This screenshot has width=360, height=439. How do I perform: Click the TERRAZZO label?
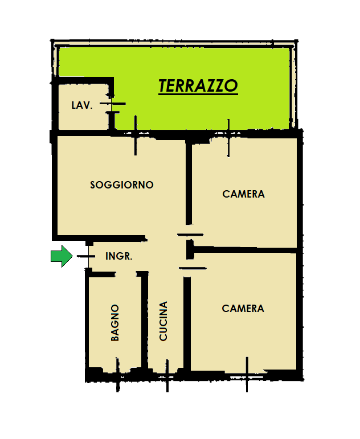pos(198,85)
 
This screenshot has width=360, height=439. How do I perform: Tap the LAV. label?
pos(82,105)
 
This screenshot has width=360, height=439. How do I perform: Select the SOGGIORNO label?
pos(122,185)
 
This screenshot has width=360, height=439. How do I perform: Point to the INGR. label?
pos(119,256)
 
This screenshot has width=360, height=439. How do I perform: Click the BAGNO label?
pos(115,323)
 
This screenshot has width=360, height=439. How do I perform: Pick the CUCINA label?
pos(163,321)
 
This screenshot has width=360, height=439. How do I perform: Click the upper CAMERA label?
pos(243,194)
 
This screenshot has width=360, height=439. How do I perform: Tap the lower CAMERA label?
pos(243,309)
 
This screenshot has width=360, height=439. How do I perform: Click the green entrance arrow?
pos(62,256)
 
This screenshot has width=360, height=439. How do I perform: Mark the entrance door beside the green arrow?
pos(86,256)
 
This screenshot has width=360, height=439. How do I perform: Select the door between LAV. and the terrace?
pos(113,104)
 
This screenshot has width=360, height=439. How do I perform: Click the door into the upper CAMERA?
pos(190,235)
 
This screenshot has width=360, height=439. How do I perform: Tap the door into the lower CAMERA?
pos(193,268)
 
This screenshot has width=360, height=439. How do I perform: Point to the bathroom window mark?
pos(118,375)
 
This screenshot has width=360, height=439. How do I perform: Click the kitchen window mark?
pos(167,376)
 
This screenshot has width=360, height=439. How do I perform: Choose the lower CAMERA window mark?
pos(247,375)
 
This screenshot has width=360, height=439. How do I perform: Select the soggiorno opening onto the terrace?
pos(136,135)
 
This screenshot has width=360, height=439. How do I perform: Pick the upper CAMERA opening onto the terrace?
pos(228,138)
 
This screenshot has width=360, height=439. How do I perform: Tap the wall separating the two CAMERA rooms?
pos(245,249)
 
